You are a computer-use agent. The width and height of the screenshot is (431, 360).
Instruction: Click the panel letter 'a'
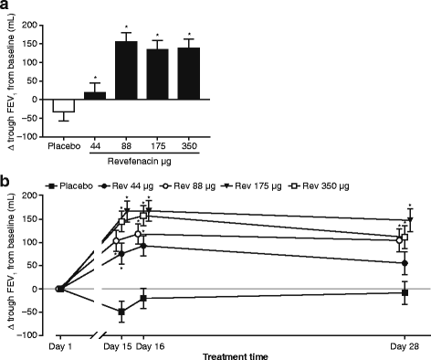pyautogui.click(x=6, y=6)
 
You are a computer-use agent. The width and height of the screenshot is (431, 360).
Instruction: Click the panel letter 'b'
pyautogui.click(x=6, y=179)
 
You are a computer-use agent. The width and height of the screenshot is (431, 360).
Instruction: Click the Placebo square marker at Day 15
pyautogui.click(x=121, y=312)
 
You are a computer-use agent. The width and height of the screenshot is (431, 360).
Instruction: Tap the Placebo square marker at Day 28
pyautogui.click(x=405, y=291)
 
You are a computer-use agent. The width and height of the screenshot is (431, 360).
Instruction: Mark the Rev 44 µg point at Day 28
pyautogui.click(x=405, y=263)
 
